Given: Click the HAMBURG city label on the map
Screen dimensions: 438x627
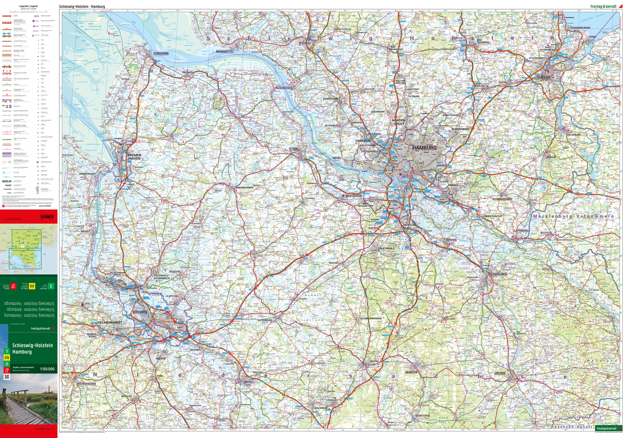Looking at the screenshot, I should coord(424,148).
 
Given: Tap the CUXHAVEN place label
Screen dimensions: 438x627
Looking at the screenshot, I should coord(161,54).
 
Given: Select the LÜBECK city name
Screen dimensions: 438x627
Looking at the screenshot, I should coord(544,77).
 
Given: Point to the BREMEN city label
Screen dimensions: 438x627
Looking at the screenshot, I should coord(140,312).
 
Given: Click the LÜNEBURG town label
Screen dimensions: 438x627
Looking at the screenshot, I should coord(498,274).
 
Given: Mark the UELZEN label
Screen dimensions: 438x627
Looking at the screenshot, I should coord(500,373).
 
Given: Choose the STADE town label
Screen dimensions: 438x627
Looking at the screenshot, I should coord(294,149).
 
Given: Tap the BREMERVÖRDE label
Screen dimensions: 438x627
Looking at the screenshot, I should coord(245,188).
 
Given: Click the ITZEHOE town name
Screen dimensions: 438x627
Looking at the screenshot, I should coord(305,43).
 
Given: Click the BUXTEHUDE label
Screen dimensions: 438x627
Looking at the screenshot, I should coord(354,196).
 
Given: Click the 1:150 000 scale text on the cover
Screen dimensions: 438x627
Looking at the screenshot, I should coord(47,369).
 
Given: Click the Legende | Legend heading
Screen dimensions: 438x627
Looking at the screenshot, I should coord(29,6).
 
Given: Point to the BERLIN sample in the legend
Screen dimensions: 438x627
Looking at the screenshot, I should coord(7,181).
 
